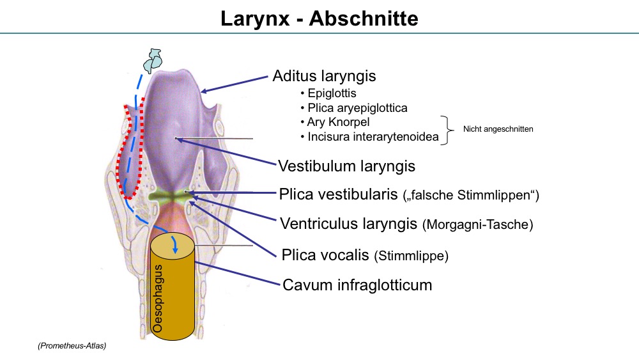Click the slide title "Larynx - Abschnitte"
[319, 19]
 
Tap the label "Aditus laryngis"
[324, 76]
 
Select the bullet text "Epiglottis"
[332, 93]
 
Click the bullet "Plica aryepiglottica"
[357, 107]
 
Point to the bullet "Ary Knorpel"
[338, 122]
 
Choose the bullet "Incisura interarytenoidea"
[373, 137]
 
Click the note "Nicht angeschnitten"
[498, 129]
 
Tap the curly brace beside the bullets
[448, 130]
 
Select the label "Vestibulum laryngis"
[346, 166]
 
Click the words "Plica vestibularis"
[338, 194]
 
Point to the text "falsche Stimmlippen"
[470, 195]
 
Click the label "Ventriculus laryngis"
[348, 223]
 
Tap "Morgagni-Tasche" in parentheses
[477, 224]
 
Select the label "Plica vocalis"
[325, 254]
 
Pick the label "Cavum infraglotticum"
[357, 285]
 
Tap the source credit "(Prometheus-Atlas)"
[72, 346]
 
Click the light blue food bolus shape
[153, 60]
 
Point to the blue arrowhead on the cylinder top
[175, 250]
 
